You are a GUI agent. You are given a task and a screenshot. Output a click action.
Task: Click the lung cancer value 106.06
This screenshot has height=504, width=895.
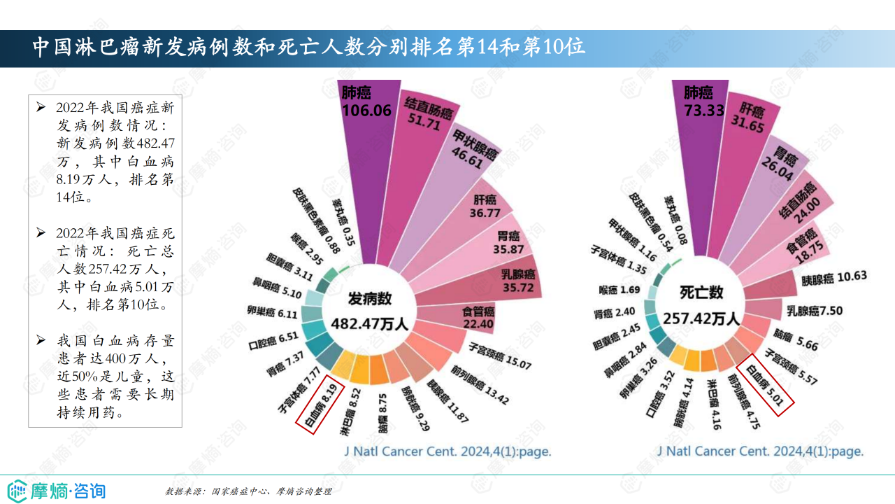point(366,110)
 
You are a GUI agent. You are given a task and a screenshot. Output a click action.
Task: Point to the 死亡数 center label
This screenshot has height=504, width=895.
point(701,293)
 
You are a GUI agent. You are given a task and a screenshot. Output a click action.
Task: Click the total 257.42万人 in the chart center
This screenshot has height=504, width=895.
point(701,318)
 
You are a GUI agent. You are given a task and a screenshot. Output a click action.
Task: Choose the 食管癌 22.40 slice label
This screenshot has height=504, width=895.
point(478,318)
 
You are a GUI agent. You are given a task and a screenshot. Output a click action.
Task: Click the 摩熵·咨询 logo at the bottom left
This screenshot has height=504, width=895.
point(56,489)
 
